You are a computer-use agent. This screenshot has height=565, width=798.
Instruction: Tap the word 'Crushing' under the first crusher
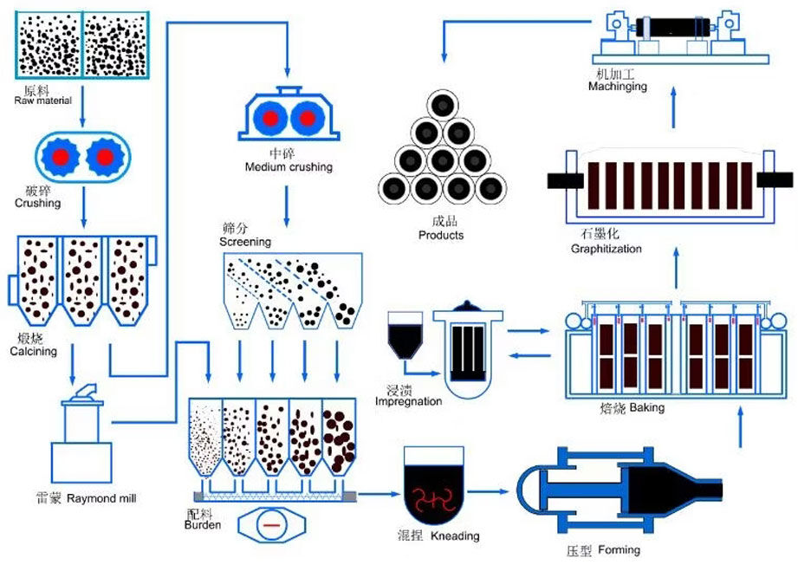[x=37, y=203]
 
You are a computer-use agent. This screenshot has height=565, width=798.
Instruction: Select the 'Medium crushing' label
[x=289, y=166]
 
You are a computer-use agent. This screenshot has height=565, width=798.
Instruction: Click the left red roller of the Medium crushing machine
[x=270, y=117]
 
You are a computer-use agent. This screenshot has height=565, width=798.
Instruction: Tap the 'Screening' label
[x=245, y=242]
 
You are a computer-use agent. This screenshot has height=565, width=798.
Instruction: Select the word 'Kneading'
[x=455, y=536]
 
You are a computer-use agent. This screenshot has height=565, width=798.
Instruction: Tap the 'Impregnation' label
[x=408, y=401]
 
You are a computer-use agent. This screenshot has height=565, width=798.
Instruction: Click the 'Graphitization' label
[x=607, y=249]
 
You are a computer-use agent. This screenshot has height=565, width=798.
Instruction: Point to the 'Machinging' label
[x=617, y=87]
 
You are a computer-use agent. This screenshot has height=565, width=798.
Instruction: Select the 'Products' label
[x=441, y=235]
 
